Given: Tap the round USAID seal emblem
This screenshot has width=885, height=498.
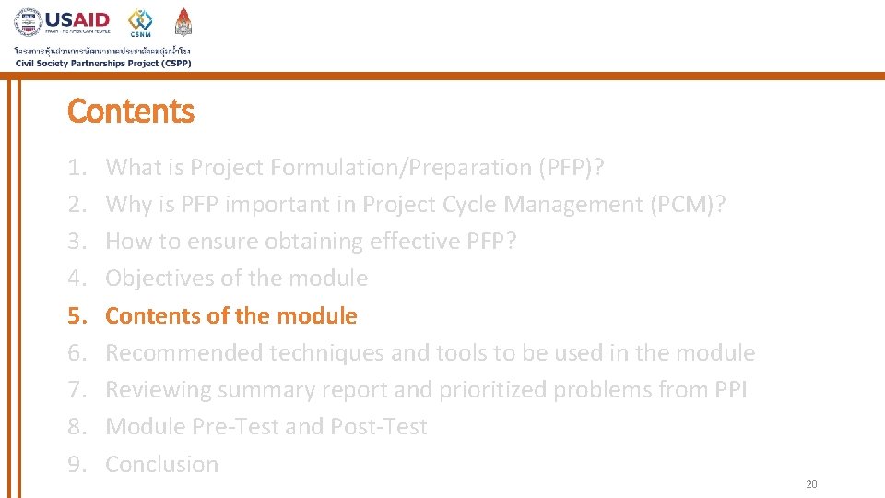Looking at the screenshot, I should [x=29, y=23].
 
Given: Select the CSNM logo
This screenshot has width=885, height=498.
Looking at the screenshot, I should [x=140, y=24].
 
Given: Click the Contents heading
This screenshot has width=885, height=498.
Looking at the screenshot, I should [x=131, y=112].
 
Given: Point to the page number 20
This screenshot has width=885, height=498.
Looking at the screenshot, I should [x=811, y=484].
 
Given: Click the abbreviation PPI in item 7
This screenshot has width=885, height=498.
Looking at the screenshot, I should [x=730, y=390].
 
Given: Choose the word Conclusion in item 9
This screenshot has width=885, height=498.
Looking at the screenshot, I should [x=162, y=464].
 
